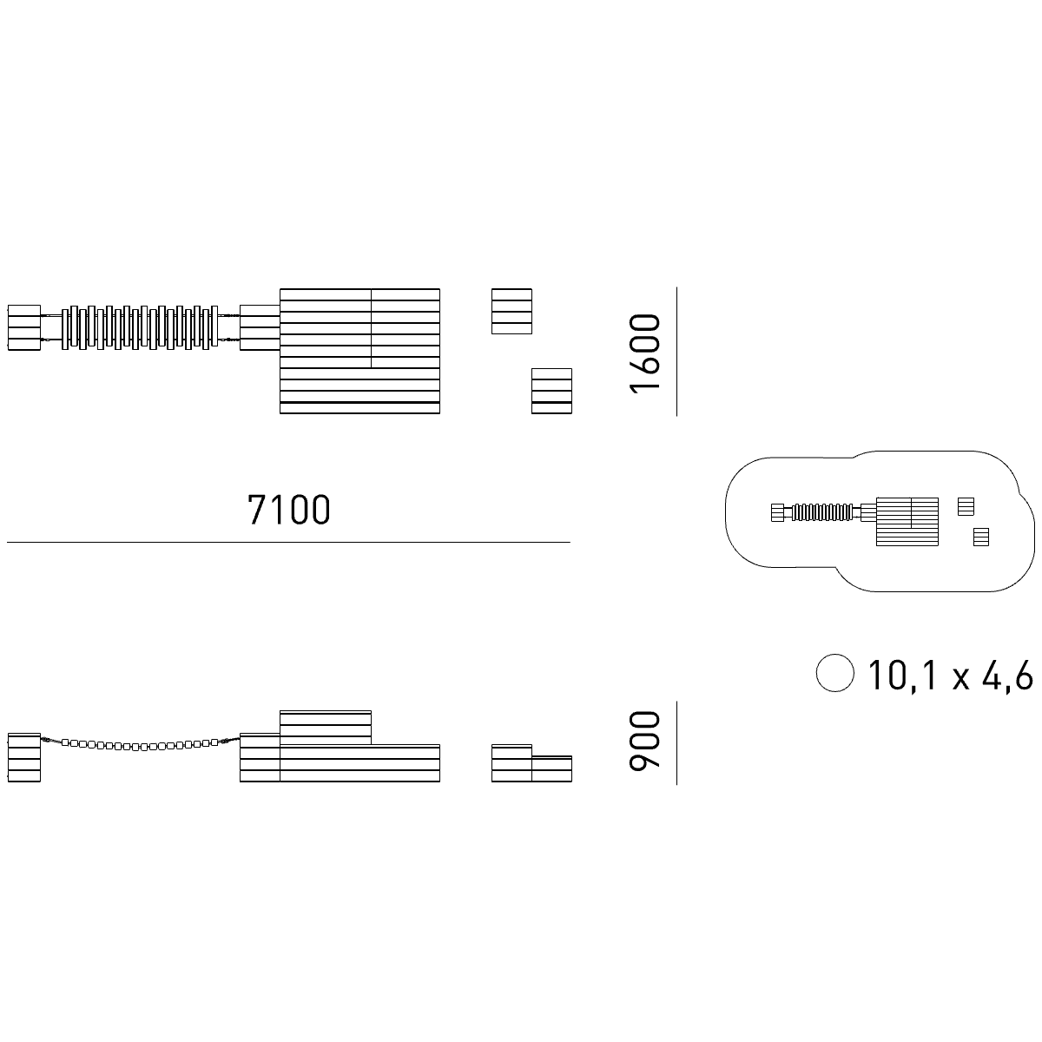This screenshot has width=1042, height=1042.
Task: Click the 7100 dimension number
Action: click(x=289, y=510)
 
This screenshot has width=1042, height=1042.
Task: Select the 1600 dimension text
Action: click(x=644, y=353)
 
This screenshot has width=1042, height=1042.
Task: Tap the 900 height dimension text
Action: click(x=644, y=741)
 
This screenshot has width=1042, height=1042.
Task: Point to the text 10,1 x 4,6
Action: click(x=951, y=676)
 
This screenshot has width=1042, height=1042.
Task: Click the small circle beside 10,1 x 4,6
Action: click(x=834, y=673)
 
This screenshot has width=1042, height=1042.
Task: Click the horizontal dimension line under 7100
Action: click(x=288, y=542)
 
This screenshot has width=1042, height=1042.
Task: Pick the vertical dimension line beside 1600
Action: click(x=676, y=352)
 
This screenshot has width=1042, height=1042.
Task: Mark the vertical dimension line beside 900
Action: click(x=676, y=743)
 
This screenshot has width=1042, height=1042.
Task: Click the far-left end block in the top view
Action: click(x=24, y=327)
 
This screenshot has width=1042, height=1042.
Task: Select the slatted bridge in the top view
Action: click(x=140, y=327)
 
